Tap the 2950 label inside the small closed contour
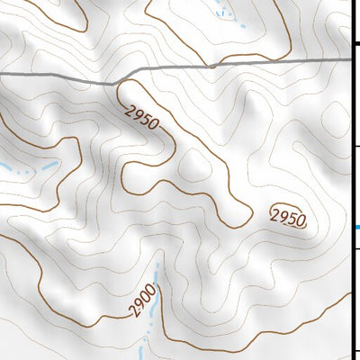(x=288, y=217)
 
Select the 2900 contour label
(x=142, y=301)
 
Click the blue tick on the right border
(x=355, y=227)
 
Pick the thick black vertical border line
(x=352, y=180)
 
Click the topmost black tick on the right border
(x=356, y=42)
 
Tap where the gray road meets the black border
(x=350, y=59)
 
